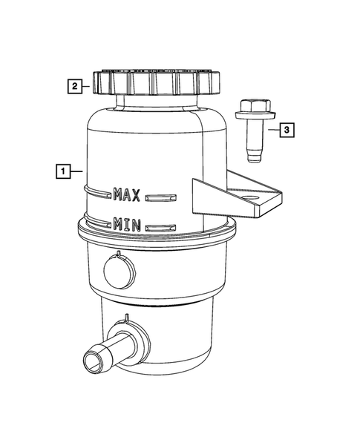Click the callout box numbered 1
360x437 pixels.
[x=63, y=171]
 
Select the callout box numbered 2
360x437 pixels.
[x=75, y=86]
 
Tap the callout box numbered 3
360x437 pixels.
[x=287, y=130]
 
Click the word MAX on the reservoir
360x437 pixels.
[x=127, y=194]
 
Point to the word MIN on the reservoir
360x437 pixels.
[x=127, y=225]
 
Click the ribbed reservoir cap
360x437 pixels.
[x=157, y=82]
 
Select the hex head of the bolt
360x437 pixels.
[x=255, y=105]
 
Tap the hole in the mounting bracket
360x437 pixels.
[x=251, y=198]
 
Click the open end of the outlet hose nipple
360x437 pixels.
[x=93, y=361]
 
